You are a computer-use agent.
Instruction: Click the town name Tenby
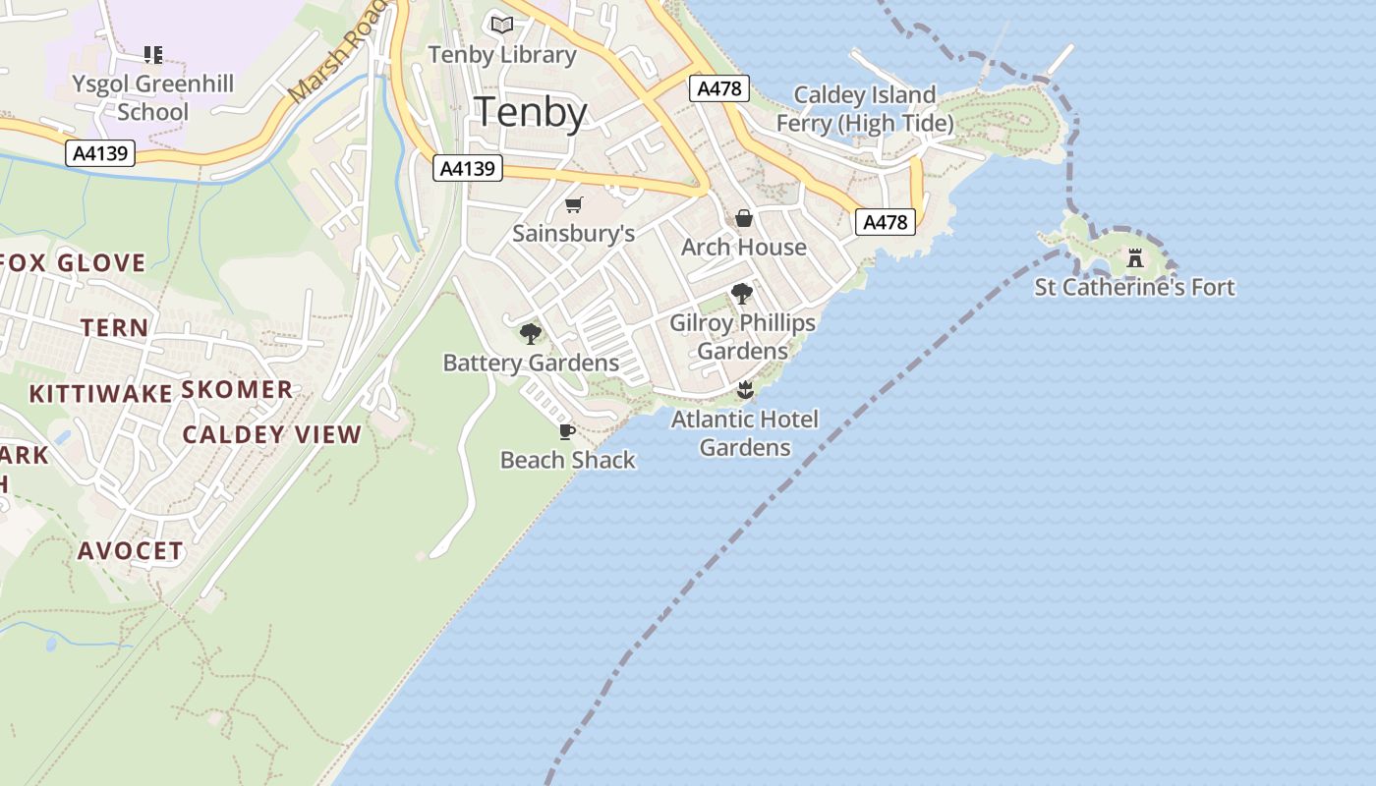[531, 112]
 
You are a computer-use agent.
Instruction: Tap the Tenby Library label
[502, 55]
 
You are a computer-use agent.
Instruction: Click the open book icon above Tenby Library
[502, 25]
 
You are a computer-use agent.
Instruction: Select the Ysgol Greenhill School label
[152, 97]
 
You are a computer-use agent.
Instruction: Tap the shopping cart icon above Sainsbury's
[574, 205]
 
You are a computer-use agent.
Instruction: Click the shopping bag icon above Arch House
[744, 218]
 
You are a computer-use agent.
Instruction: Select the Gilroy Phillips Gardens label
[743, 337]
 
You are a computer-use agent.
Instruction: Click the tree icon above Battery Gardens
[531, 334]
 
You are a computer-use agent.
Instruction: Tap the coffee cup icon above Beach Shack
[567, 431]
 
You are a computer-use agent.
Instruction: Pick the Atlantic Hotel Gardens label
[745, 433]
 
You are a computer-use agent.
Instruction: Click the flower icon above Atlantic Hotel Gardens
[745, 390]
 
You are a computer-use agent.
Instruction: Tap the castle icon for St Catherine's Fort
[1135, 258]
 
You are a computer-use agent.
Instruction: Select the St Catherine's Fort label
[1135, 287]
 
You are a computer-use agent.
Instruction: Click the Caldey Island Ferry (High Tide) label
[865, 109]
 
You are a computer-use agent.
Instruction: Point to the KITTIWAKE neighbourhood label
[100, 394]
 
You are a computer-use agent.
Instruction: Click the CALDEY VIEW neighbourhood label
[272, 434]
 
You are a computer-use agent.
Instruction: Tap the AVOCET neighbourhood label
[131, 550]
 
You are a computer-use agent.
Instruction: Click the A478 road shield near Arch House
[885, 222]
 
